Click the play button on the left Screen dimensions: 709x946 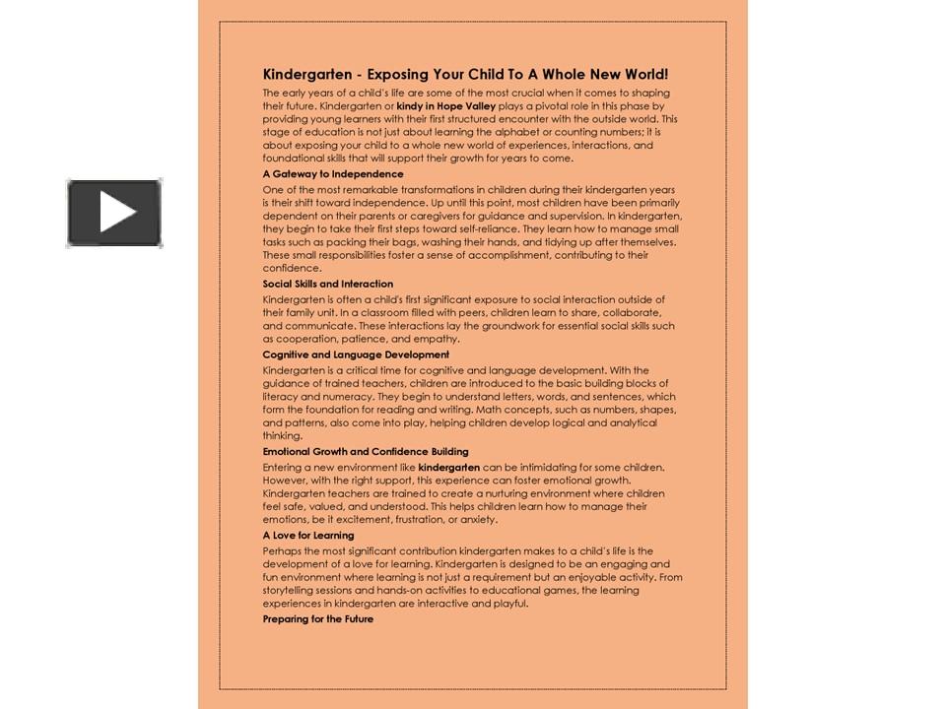pyautogui.click(x=114, y=213)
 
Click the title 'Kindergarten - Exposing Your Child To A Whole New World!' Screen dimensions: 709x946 pyautogui.click(x=465, y=74)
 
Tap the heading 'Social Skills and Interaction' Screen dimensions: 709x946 pyautogui.click(x=327, y=284)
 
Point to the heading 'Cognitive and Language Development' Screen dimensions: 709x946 pyautogui.click(x=356, y=354)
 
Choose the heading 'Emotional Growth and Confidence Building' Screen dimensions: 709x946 pyautogui.click(x=366, y=452)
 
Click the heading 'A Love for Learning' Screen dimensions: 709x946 pyautogui.click(x=307, y=536)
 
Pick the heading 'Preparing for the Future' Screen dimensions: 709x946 pyautogui.click(x=317, y=619)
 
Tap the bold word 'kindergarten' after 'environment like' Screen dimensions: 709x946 pyautogui.click(x=448, y=467)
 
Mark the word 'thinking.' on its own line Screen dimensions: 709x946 pyautogui.click(x=282, y=436)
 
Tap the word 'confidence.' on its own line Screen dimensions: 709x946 pyautogui.click(x=292, y=268)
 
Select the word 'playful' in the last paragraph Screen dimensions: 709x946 pyautogui.click(x=509, y=604)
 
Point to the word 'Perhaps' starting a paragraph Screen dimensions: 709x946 pyautogui.click(x=282, y=551)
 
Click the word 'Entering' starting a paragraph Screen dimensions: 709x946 pyautogui.click(x=283, y=467)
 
